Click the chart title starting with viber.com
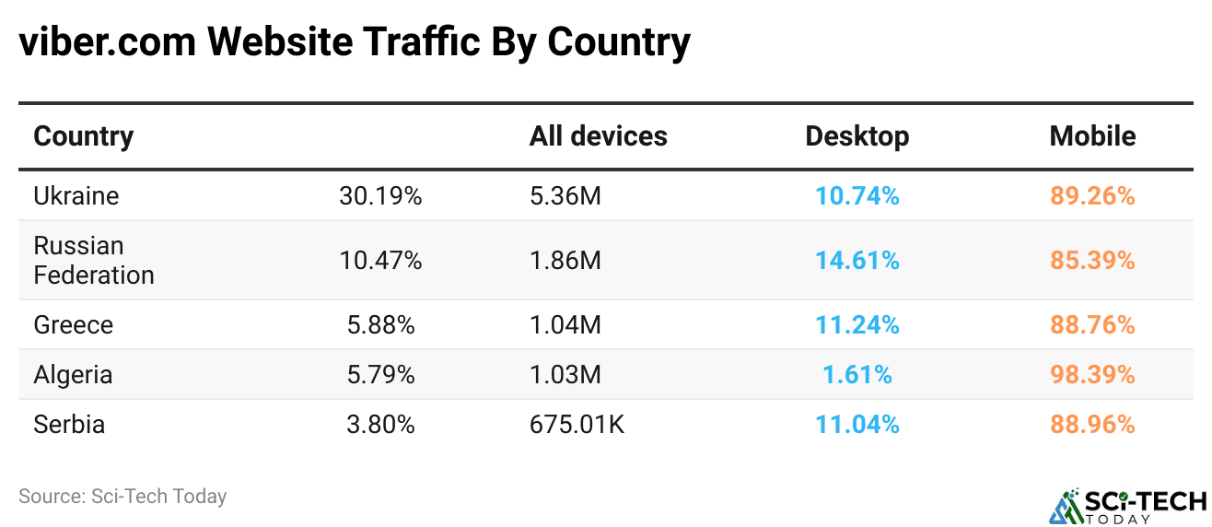(355, 42)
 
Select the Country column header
(84, 136)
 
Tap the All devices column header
(598, 136)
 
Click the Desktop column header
(857, 136)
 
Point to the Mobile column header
(1092, 136)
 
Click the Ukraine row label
(76, 196)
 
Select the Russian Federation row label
(94, 261)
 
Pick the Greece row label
(74, 325)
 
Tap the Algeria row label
(74, 375)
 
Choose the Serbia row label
(69, 425)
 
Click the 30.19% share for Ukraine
(380, 196)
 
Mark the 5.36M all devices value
(565, 196)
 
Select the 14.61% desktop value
(857, 261)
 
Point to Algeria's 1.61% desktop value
(857, 375)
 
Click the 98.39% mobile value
(1092, 375)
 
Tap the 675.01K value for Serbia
(577, 425)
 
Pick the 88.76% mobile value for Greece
(1092, 325)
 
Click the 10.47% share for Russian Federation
(380, 261)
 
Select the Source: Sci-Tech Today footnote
(122, 497)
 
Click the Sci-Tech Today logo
(1127, 504)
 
